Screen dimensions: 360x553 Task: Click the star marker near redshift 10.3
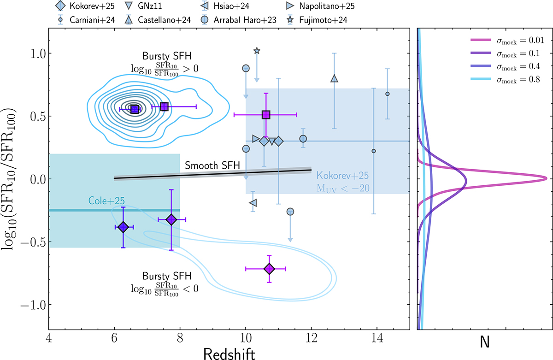point(257,51)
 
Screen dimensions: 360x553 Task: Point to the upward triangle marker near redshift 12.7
point(335,78)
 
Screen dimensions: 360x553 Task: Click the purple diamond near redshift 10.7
point(269,268)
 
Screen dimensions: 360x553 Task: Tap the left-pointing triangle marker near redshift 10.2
point(253,202)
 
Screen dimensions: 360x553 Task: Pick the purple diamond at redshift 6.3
point(123,227)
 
